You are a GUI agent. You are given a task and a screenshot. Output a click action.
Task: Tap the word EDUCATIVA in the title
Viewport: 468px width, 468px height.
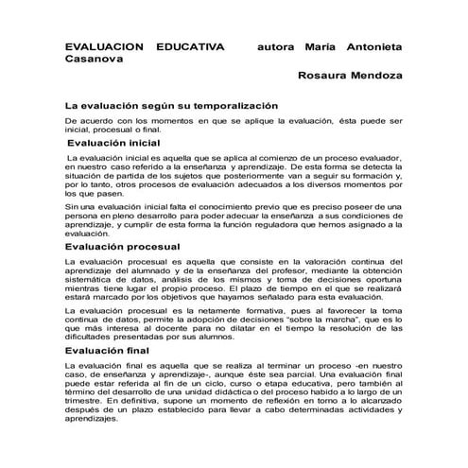[x=190, y=45]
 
